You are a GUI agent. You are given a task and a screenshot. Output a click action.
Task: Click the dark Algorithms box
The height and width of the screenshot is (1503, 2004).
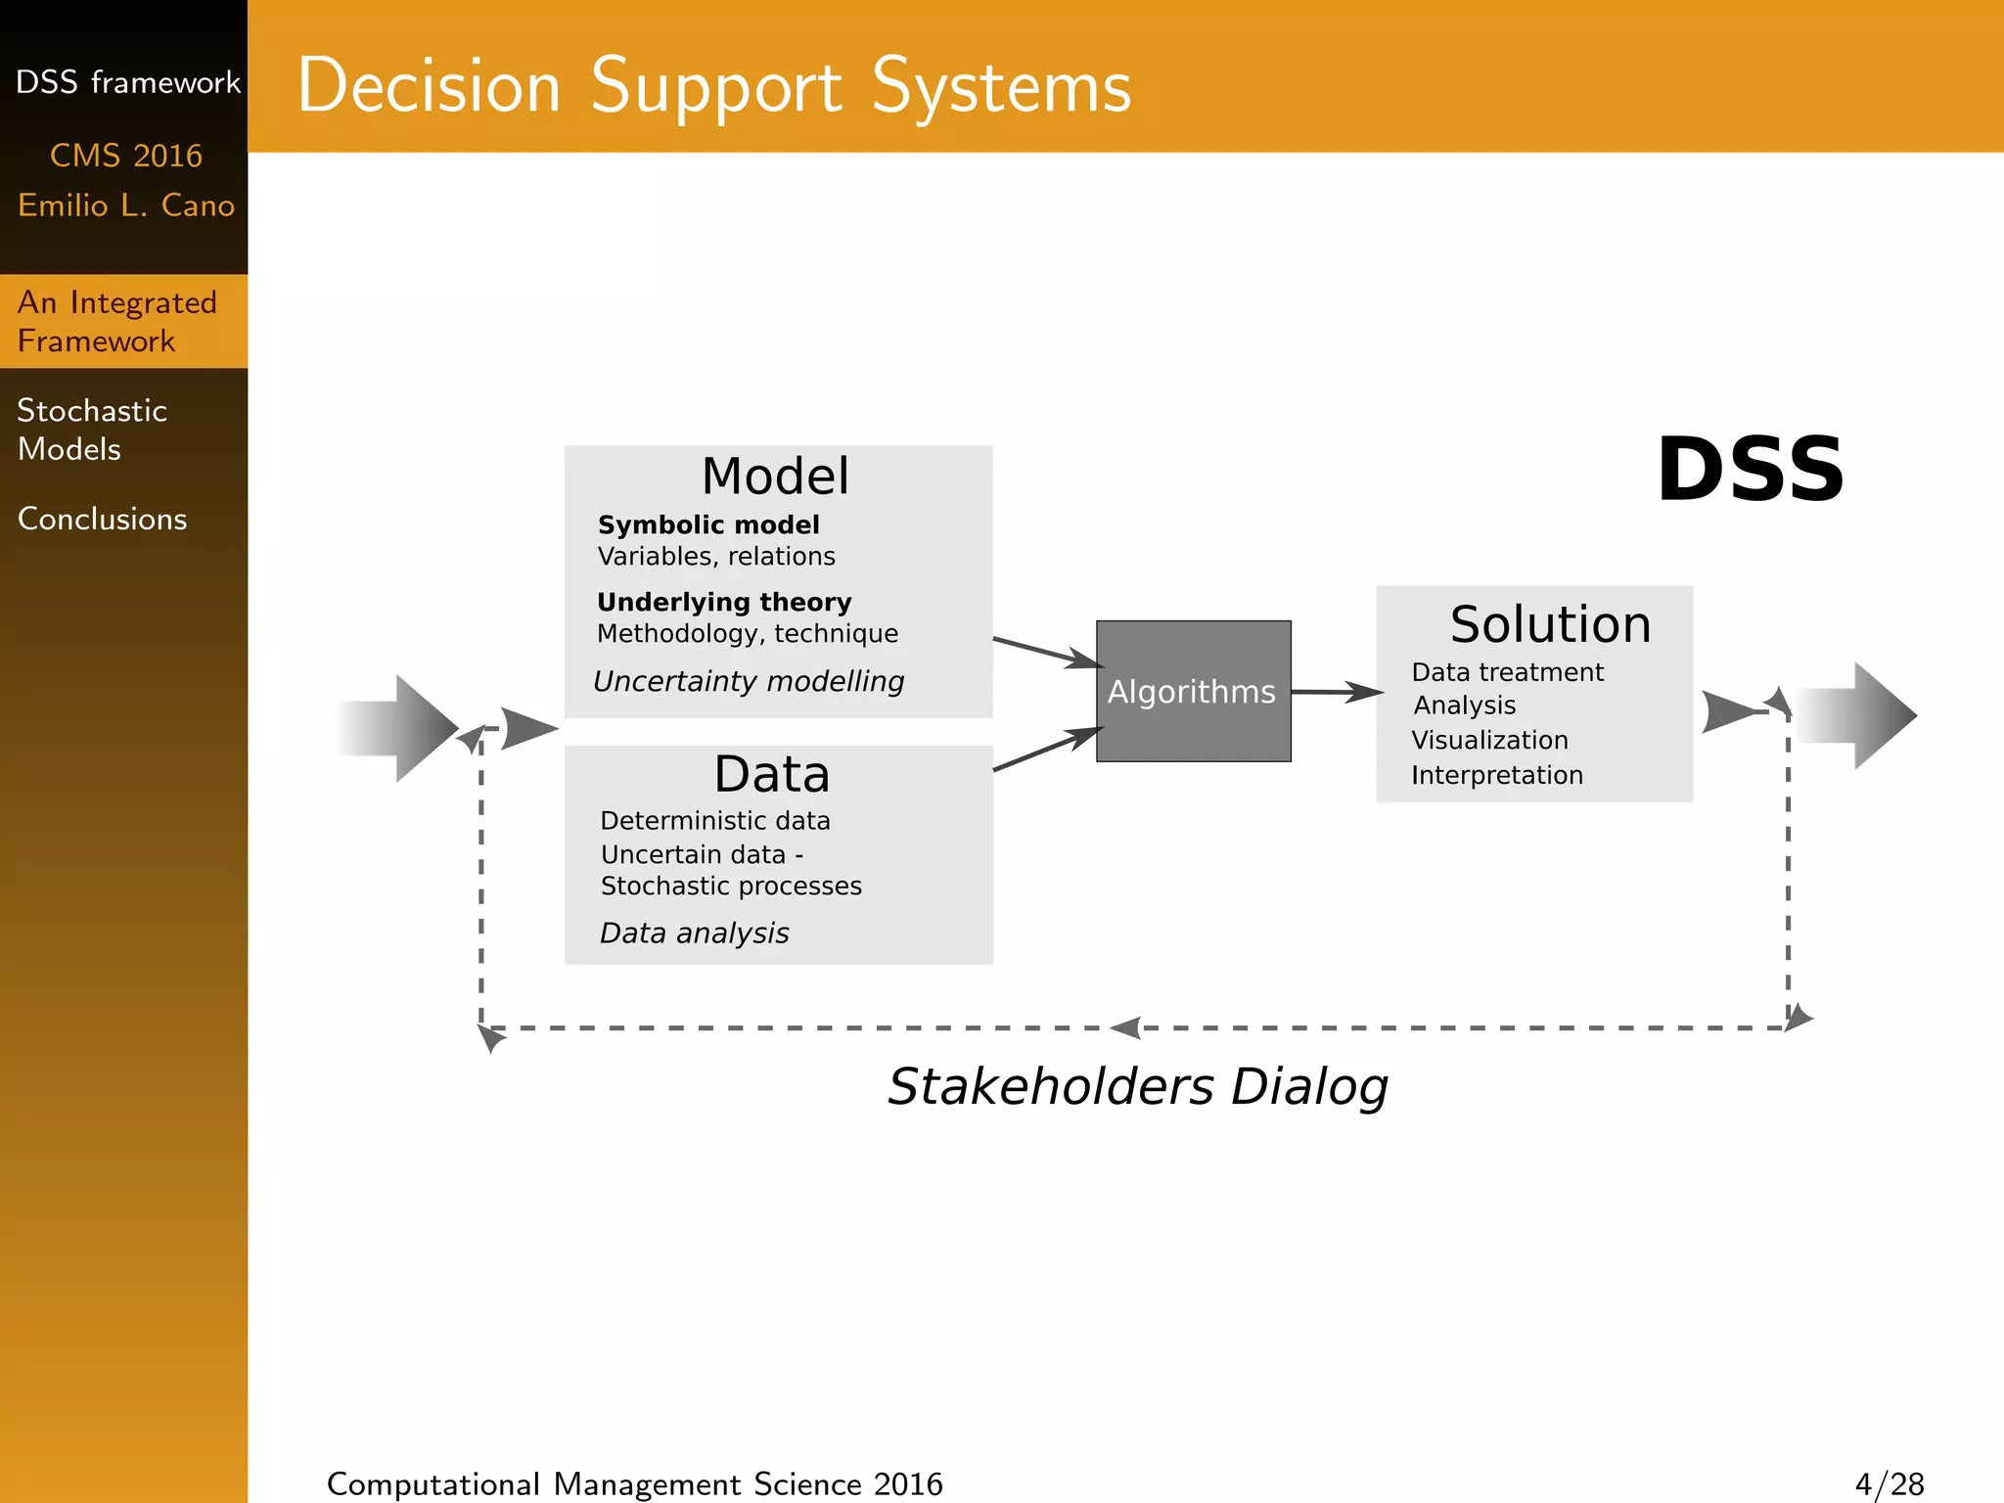(1193, 691)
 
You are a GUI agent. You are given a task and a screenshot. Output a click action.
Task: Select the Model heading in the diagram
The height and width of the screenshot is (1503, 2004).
(775, 477)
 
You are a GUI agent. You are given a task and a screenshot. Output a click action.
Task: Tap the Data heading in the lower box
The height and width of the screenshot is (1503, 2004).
(772, 774)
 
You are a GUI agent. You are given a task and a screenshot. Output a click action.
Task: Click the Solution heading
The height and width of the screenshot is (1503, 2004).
(1550, 624)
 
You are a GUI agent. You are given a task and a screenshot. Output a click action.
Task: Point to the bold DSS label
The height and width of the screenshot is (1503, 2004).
(1750, 471)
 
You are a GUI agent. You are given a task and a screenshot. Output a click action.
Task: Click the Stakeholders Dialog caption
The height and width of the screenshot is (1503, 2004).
(1137, 1086)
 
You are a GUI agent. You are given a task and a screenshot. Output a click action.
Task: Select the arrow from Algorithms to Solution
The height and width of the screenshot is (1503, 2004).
(1337, 692)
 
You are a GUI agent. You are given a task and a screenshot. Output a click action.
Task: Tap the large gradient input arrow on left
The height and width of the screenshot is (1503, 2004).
(401, 728)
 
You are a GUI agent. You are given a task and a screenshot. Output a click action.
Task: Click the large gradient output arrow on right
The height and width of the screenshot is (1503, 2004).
(1856, 715)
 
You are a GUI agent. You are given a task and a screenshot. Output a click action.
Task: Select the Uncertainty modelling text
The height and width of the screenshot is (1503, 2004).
(749, 681)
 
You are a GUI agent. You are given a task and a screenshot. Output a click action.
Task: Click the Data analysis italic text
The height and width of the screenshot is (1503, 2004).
(694, 934)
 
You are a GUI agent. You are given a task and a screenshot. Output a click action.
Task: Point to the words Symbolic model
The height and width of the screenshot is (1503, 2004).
(708, 525)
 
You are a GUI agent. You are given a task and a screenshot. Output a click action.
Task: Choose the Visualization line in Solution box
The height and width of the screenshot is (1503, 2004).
(1489, 740)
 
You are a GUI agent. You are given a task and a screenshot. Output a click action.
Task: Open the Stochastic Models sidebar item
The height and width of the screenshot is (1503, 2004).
(92, 430)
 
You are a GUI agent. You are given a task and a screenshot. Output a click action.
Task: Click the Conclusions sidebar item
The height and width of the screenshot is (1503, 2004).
(102, 519)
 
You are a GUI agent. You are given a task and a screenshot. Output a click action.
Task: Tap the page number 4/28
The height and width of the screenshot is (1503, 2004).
(1889, 1484)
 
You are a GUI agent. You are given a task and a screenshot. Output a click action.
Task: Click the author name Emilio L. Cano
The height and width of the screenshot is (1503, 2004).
(126, 205)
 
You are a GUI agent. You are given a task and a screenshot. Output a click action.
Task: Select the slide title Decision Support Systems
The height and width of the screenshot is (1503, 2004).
(714, 86)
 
